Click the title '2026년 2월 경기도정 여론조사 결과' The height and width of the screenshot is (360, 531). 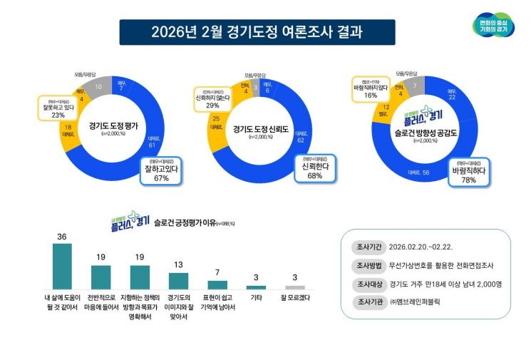click(257, 32)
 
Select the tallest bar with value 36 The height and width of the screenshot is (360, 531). click(63, 264)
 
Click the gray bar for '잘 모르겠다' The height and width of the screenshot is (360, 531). click(294, 287)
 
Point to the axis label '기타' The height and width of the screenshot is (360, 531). click(255, 297)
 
